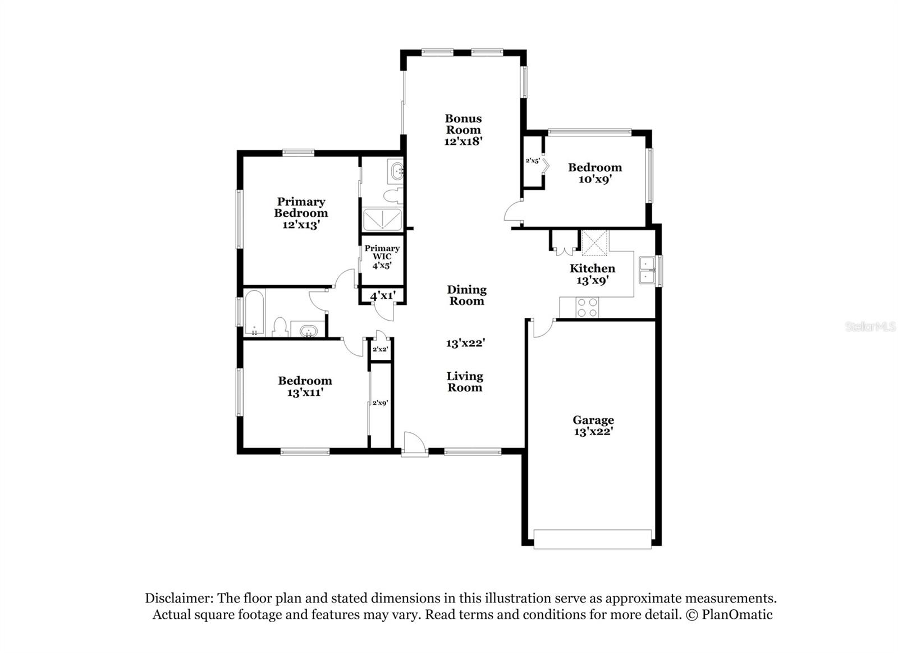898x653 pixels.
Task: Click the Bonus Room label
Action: click(x=463, y=124)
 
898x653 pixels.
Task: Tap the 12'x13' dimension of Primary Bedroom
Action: click(x=301, y=225)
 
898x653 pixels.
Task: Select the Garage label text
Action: click(x=593, y=420)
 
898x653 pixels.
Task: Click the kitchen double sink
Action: click(x=647, y=270)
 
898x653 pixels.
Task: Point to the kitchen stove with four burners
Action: click(x=587, y=307)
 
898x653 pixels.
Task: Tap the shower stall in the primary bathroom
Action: click(x=382, y=220)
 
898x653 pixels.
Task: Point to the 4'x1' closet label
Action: click(x=382, y=295)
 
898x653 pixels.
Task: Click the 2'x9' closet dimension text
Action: click(x=380, y=403)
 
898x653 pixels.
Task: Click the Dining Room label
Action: click(x=466, y=295)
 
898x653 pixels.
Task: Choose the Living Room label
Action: click(x=465, y=382)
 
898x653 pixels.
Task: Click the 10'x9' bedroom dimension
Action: click(x=595, y=179)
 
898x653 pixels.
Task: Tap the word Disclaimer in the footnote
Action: click(x=178, y=598)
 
